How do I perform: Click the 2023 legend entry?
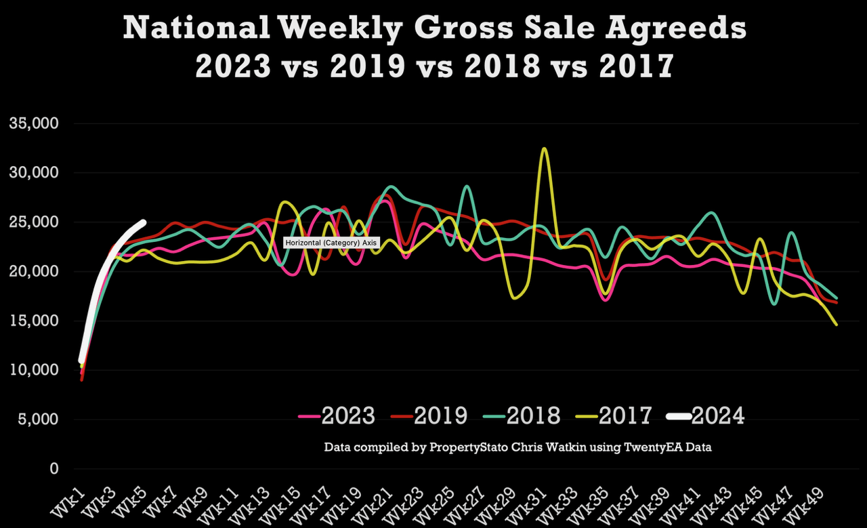[337, 416]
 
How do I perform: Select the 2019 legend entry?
[429, 416]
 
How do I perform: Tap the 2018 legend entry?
[522, 416]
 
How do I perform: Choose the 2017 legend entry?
[614, 416]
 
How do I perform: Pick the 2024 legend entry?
[706, 416]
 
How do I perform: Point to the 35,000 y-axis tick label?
[34, 123]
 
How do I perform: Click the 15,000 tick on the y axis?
[34, 321]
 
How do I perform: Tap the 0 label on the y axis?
[54, 469]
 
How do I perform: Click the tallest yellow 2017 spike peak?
[544, 148]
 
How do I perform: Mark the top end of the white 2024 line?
[144, 222]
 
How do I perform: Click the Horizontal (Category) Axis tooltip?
[331, 243]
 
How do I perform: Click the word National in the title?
[196, 28]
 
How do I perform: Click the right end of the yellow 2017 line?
[837, 325]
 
